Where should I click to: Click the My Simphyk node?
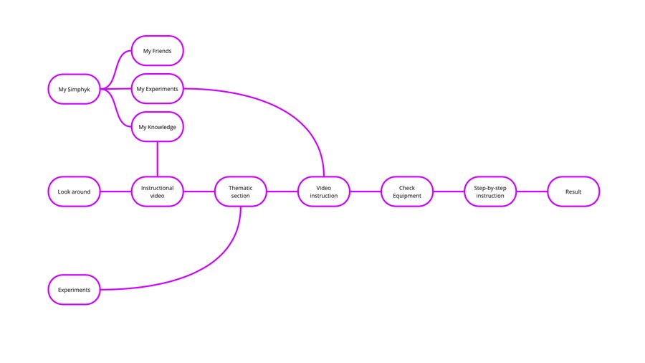pyautogui.click(x=74, y=89)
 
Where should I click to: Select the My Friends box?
pyautogui.click(x=157, y=51)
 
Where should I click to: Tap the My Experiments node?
pyautogui.click(x=157, y=89)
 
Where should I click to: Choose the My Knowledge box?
pyautogui.click(x=157, y=127)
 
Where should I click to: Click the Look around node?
pyautogui.click(x=74, y=192)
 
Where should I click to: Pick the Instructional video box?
pyautogui.click(x=157, y=192)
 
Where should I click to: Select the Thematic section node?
pyautogui.click(x=241, y=192)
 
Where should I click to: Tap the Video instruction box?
pyautogui.click(x=324, y=192)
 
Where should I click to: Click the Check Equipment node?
pyautogui.click(x=407, y=192)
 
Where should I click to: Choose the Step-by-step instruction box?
pyautogui.click(x=490, y=192)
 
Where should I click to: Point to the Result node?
pyautogui.click(x=573, y=192)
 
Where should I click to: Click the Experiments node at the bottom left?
pyautogui.click(x=74, y=290)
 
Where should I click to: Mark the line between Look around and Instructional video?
pyautogui.click(x=115, y=192)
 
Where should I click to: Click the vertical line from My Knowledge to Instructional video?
pyautogui.click(x=157, y=159)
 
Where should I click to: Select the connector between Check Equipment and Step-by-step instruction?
pyautogui.click(x=449, y=192)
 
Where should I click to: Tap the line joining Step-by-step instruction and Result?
pyautogui.click(x=532, y=192)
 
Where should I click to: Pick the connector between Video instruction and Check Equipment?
pyautogui.click(x=365, y=192)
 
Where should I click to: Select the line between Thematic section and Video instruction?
pyautogui.click(x=282, y=192)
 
